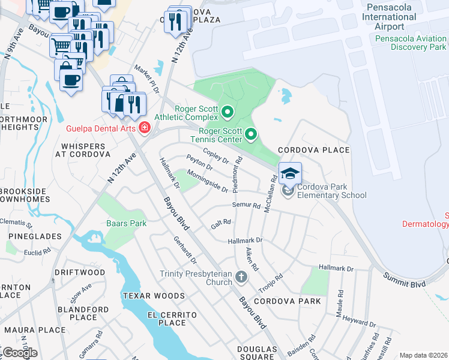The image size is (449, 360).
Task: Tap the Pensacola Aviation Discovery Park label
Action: [x=411, y=43]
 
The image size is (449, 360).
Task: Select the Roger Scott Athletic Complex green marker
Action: [x=228, y=112]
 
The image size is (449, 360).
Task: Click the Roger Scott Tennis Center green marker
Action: [x=252, y=134]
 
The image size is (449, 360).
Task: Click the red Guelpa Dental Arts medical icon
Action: [x=144, y=128]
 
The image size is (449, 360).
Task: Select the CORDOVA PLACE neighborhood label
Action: [x=313, y=150]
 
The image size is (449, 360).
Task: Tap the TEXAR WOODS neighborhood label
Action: [x=153, y=296]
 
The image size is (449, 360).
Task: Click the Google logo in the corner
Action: [x=19, y=353]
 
